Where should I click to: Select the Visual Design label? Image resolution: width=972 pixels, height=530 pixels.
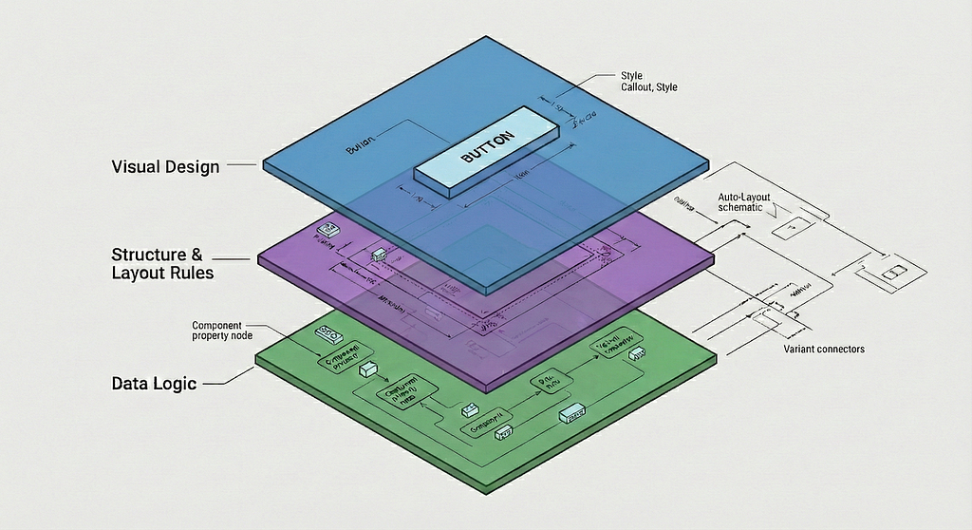pos(165,167)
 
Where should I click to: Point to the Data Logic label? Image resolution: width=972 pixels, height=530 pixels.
pos(154,384)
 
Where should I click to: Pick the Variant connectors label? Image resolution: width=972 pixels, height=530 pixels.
pos(824,350)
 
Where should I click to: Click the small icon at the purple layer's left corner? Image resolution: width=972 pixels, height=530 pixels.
pos(328,231)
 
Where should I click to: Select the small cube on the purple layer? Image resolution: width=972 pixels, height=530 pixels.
pos(381,255)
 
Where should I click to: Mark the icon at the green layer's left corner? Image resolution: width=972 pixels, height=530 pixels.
pos(327,335)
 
